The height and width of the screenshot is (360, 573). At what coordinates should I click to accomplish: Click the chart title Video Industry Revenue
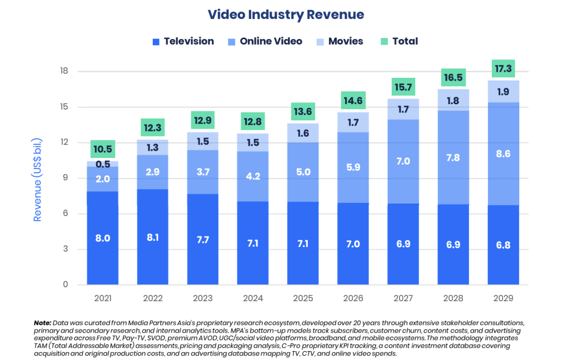[286, 15]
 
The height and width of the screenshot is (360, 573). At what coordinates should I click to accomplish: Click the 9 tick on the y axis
[65, 178]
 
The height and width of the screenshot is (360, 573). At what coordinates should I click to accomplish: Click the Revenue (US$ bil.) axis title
[37, 177]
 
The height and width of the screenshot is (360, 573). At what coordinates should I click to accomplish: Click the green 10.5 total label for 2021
[102, 149]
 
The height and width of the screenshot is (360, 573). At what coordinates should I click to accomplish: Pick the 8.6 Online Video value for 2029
[503, 153]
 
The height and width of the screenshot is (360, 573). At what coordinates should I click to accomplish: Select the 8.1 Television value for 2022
[152, 237]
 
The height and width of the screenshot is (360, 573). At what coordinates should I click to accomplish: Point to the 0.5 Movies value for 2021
[102, 164]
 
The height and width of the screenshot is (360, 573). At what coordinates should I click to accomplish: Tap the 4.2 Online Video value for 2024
[253, 176]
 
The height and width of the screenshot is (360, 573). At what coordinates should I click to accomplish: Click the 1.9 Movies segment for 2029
[503, 92]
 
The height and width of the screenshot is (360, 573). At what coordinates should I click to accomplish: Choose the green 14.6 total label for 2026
[353, 101]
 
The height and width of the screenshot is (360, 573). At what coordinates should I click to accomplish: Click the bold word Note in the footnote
[42, 323]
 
